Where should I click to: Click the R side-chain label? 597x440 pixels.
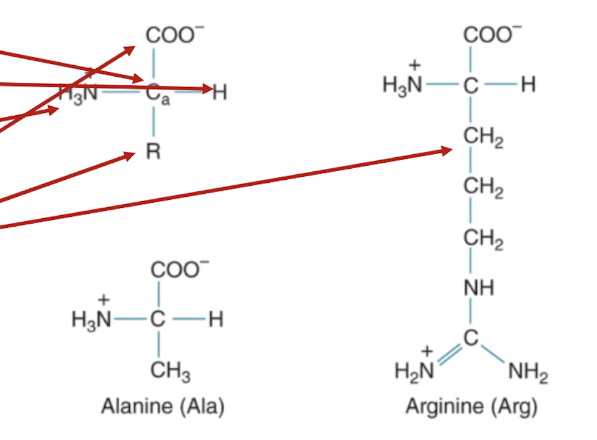point(154,151)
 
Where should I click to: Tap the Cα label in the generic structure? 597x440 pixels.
point(158,93)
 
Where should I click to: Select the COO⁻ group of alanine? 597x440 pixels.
point(180,269)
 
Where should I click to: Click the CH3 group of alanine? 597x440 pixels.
point(170,371)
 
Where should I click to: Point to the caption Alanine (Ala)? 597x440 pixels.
point(163,406)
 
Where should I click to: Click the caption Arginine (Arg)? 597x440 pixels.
point(472,406)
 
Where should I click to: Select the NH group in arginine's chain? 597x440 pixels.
point(479,288)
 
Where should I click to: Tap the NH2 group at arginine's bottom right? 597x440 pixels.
point(529,372)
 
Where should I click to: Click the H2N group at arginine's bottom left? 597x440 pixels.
point(414,371)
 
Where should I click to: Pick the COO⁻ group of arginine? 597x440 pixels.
point(492,34)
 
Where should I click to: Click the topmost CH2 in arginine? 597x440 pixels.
point(483,137)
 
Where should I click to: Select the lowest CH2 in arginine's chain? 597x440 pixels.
point(483,239)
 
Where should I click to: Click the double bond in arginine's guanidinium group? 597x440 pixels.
point(450,355)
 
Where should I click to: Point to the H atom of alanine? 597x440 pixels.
point(216,319)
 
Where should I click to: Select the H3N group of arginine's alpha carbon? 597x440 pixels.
point(403,85)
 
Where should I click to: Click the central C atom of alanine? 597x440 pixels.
point(158,319)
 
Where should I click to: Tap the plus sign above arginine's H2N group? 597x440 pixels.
point(427,351)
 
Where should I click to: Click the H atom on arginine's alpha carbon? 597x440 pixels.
point(528,85)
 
